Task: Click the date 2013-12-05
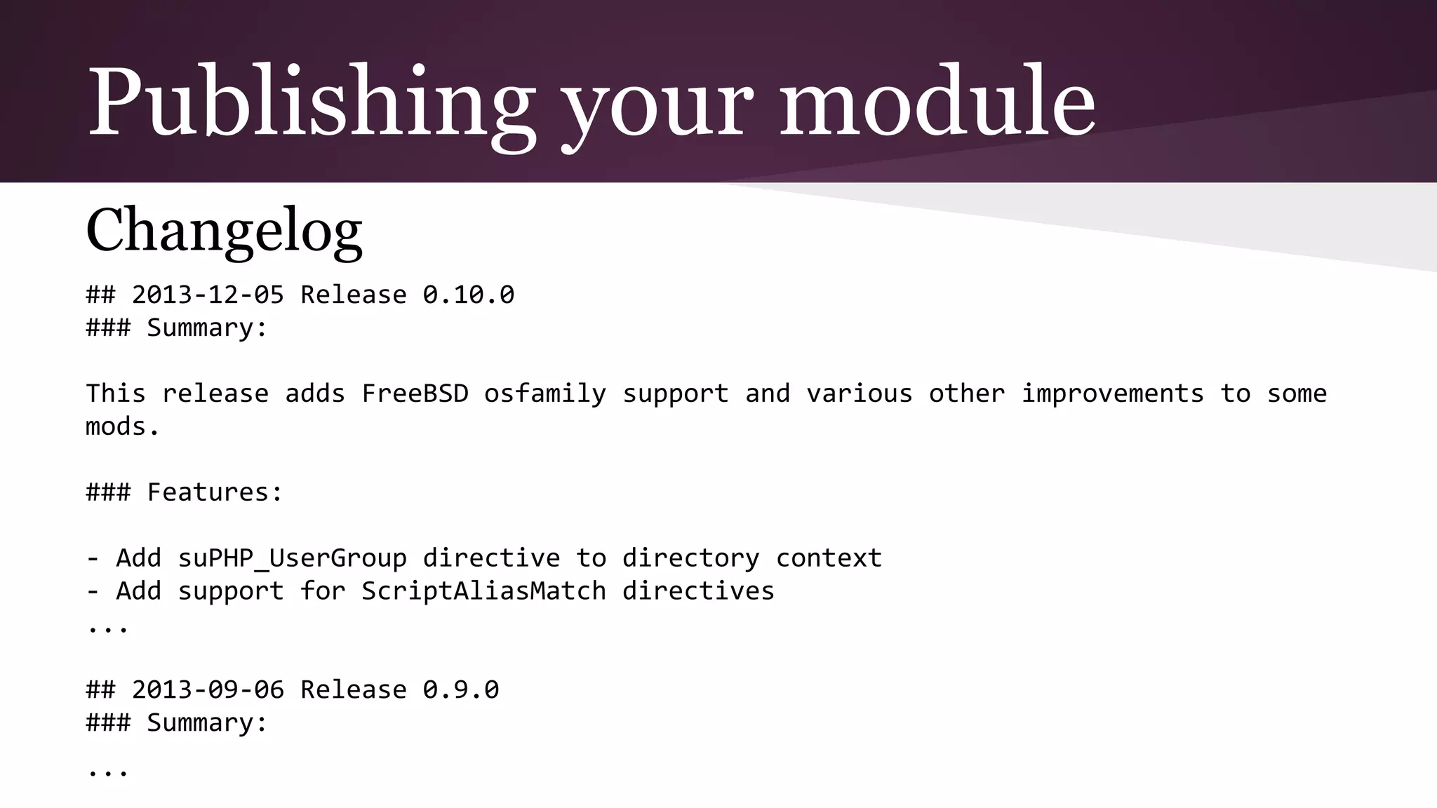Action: (x=208, y=295)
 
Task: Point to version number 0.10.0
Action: (x=468, y=295)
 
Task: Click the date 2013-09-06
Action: (x=208, y=689)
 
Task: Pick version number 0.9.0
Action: (x=460, y=689)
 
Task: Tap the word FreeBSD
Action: (x=415, y=393)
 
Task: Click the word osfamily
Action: (x=544, y=393)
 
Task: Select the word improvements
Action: (x=1112, y=393)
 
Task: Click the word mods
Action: (x=122, y=426)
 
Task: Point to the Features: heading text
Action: (x=215, y=492)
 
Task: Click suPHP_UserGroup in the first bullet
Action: (x=292, y=558)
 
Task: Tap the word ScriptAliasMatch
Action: (x=483, y=591)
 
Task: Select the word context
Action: (x=829, y=558)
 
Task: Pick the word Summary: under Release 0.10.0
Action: (x=207, y=328)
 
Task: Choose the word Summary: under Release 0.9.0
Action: (x=207, y=722)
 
